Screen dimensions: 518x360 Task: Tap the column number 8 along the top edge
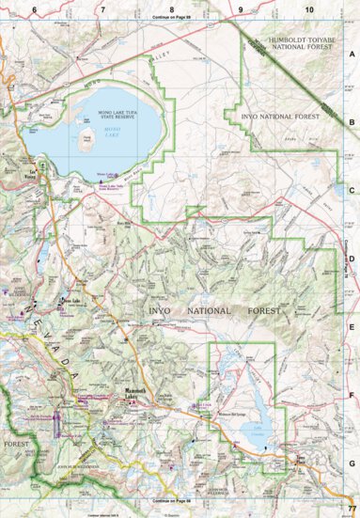(x=172, y=8)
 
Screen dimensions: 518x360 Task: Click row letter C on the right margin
(x=352, y=190)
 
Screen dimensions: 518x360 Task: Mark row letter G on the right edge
(x=352, y=463)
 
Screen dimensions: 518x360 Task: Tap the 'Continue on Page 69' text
(x=172, y=18)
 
